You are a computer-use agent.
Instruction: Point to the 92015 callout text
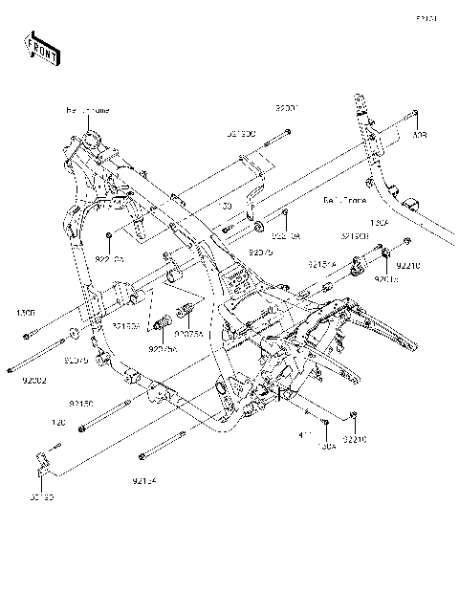[385, 280]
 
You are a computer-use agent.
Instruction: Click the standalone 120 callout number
[57, 420]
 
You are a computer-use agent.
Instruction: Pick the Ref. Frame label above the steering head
[87, 112]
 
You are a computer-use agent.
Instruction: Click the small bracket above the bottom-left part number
[41, 461]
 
